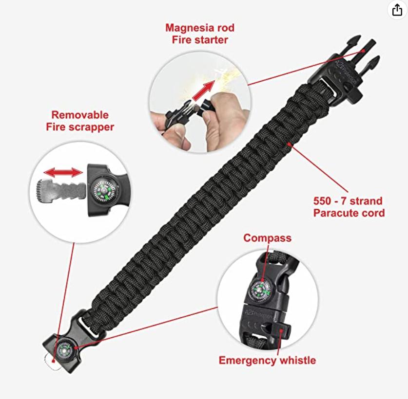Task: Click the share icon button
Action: (x=397, y=11)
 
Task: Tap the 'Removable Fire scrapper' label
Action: (x=80, y=121)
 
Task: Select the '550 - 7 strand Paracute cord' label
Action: (x=348, y=207)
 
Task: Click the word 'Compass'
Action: (x=267, y=238)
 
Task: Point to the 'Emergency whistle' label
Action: (x=267, y=361)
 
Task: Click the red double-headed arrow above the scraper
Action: (x=62, y=173)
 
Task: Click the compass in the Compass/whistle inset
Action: (x=261, y=290)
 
